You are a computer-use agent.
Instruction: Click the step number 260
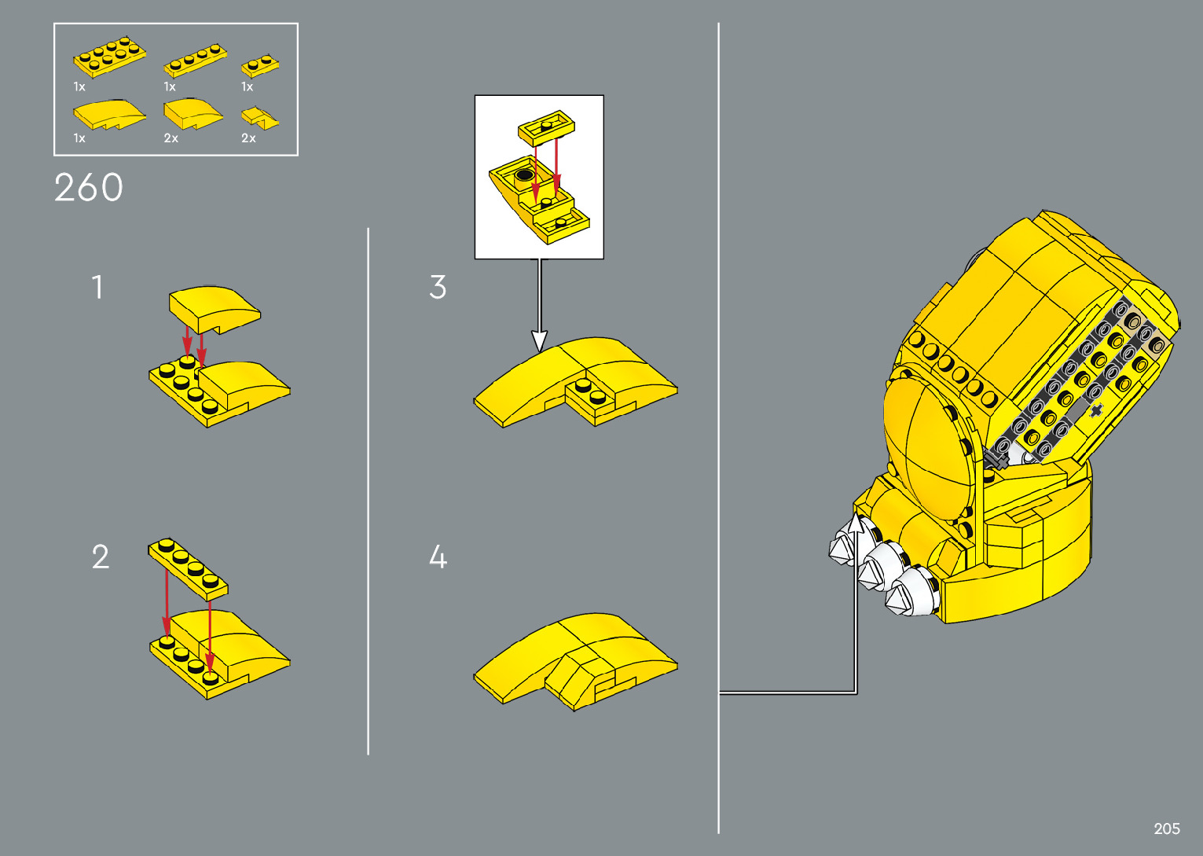pyautogui.click(x=89, y=188)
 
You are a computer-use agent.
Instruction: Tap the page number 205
pyautogui.click(x=1167, y=828)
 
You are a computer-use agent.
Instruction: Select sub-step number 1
pyautogui.click(x=97, y=287)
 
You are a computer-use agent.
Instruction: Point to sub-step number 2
pyautogui.click(x=100, y=557)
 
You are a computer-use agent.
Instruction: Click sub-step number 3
pyautogui.click(x=438, y=287)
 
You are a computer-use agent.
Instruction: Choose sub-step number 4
pyautogui.click(x=438, y=557)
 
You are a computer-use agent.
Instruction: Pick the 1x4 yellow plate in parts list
pyautogui.click(x=195, y=61)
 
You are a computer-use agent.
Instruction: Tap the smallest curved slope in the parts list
pyautogui.click(x=260, y=118)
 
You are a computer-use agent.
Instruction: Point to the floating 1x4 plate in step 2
pyautogui.click(x=188, y=568)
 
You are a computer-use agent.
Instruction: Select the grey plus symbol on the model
pyautogui.click(x=1095, y=409)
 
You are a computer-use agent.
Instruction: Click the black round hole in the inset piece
pyautogui.click(x=524, y=176)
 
